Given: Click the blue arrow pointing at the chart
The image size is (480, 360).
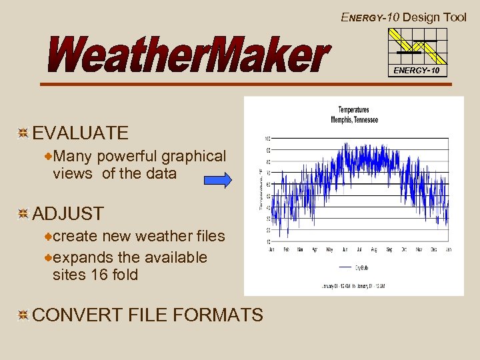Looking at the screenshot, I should (217, 180).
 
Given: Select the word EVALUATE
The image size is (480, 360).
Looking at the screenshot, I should (80, 133).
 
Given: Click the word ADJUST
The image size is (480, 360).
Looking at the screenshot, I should (68, 214).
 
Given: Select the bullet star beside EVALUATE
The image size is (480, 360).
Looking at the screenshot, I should (23, 133).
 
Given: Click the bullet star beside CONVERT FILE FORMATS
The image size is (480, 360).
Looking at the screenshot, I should (23, 315).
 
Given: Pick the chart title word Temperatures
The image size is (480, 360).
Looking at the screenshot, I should (353, 110).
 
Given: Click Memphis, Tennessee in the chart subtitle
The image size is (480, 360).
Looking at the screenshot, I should (354, 120).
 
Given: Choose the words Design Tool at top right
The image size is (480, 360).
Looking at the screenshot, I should (434, 17).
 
